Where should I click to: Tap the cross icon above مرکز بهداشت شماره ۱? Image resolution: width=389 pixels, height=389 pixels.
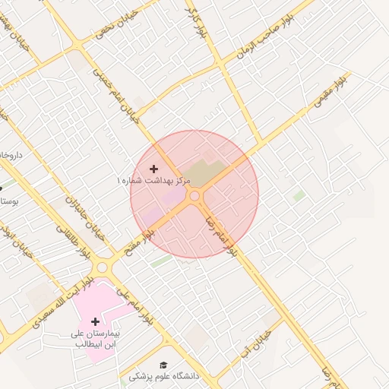154,168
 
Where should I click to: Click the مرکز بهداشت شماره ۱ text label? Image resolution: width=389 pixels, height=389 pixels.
152,181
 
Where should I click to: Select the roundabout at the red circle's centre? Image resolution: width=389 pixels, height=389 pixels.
194,196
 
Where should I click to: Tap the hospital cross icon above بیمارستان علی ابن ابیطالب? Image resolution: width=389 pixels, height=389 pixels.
95,321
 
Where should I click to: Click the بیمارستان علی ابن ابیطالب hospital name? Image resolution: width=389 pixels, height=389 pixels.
96,338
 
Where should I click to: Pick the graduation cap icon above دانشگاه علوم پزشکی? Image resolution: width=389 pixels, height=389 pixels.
162,365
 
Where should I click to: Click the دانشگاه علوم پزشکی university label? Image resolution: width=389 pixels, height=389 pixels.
163,376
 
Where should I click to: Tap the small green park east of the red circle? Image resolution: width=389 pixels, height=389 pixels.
299,195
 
